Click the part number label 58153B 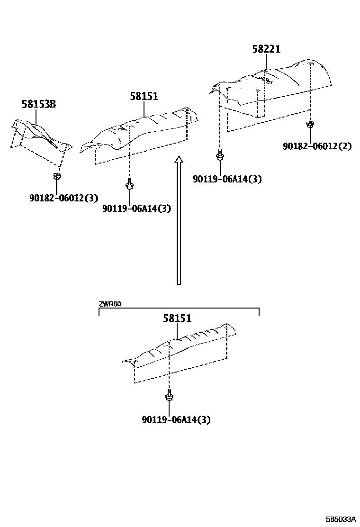point(38,104)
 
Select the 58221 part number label point(266,49)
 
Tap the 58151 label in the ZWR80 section point(178,318)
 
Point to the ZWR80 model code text point(110,304)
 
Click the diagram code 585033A point(341,519)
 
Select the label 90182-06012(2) point(317,146)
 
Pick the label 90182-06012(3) point(63,197)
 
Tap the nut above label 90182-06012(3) point(57,177)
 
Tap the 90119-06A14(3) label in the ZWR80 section point(176,419)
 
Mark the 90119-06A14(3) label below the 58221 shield point(227,179)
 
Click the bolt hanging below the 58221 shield point(220,155)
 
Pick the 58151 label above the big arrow point(144,97)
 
